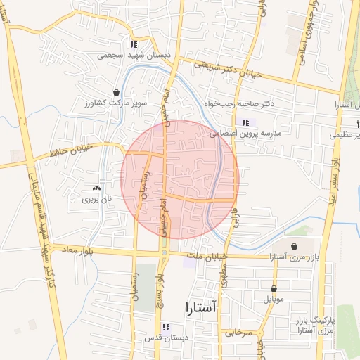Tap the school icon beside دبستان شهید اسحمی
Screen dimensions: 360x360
click(x=133, y=44)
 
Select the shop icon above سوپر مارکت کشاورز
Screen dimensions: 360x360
click(x=116, y=92)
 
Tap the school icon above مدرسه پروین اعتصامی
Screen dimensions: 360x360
click(x=245, y=122)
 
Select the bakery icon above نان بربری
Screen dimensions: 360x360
click(x=96, y=188)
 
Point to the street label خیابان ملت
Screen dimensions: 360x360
click(x=203, y=256)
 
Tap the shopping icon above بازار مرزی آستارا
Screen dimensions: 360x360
click(x=294, y=247)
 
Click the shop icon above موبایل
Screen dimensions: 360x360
click(x=274, y=288)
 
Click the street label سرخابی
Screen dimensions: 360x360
click(x=238, y=332)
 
